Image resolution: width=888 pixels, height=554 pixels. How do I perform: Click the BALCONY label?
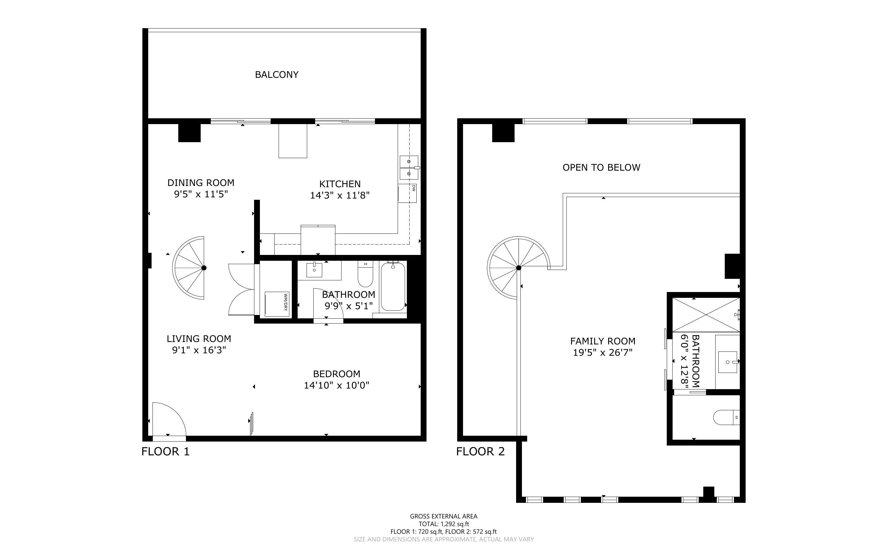pos(276,75)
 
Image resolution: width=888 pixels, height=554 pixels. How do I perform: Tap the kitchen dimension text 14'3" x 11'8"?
pos(340,195)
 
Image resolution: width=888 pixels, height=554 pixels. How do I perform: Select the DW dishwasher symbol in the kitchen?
pos(408,193)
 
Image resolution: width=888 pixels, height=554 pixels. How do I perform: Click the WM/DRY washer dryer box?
pos(277,304)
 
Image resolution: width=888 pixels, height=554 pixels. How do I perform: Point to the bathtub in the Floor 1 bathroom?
pos(393,286)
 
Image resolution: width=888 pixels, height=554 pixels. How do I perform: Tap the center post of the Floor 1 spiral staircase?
pos(204,268)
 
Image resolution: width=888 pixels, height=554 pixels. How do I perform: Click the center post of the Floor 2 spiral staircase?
pos(519,268)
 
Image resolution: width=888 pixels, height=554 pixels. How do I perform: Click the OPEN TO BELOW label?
pos(601,167)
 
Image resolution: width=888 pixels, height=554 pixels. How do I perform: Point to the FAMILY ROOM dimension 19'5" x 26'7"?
pos(603,352)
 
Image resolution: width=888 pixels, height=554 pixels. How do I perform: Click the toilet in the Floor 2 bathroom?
pos(726,417)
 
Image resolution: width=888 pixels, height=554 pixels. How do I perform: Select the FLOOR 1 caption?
pos(165,451)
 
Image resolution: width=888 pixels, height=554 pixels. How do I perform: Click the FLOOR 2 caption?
pos(480,451)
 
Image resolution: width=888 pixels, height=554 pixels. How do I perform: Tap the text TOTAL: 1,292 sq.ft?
pos(443,524)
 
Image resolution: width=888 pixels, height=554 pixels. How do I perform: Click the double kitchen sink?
pos(409,167)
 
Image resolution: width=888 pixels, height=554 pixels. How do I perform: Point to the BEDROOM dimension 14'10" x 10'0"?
pos(336,385)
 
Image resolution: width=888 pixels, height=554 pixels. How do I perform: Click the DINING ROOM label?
pos(201,182)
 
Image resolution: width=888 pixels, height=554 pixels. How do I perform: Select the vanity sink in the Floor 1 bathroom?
pos(314,270)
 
